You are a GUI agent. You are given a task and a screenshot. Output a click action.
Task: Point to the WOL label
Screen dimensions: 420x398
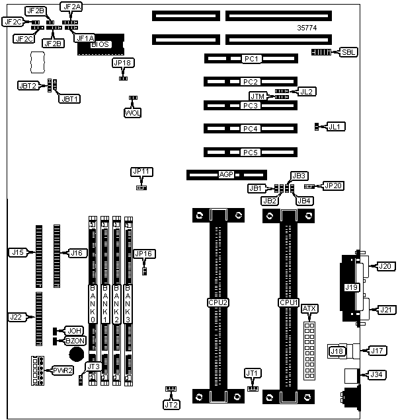click(x=133, y=112)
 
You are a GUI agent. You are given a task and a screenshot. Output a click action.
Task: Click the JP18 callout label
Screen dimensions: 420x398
click(x=123, y=63)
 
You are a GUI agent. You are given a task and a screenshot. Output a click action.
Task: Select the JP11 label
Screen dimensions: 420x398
click(x=142, y=172)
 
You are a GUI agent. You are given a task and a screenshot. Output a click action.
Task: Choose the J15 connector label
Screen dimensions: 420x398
click(x=18, y=252)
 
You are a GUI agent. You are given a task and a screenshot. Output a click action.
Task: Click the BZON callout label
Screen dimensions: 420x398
click(x=75, y=340)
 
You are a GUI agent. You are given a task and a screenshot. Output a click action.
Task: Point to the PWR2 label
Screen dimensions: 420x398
click(x=63, y=368)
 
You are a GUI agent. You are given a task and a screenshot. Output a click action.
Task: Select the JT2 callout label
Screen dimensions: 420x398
click(x=171, y=404)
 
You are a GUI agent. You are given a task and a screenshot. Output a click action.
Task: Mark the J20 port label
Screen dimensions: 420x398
click(x=385, y=266)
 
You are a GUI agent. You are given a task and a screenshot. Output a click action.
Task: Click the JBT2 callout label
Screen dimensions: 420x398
click(x=28, y=85)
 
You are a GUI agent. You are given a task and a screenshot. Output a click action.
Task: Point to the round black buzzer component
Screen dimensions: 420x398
click(x=77, y=354)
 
